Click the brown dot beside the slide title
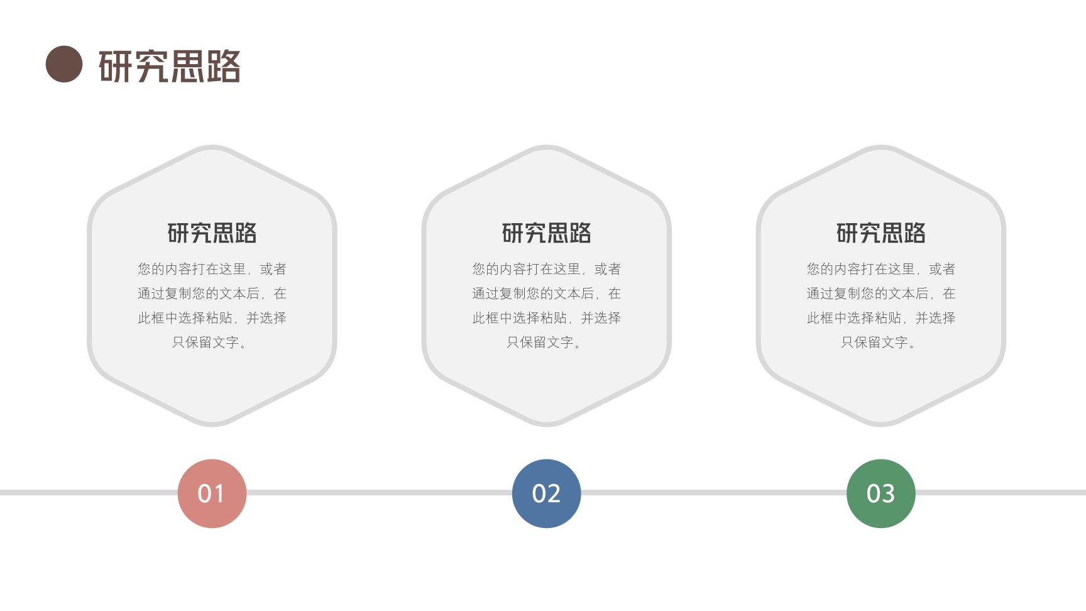64,64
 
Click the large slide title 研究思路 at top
170,66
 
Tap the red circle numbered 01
212,493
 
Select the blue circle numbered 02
546,493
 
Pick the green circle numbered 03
880,493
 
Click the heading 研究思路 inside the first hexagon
212,233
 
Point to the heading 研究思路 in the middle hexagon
546,233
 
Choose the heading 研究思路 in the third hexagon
880,233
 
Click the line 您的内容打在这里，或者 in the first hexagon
212,269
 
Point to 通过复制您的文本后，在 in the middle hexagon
546,294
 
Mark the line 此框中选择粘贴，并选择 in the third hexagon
880,318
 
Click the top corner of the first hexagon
212,146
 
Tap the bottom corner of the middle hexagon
546,426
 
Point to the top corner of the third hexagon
880,146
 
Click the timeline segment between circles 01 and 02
379,493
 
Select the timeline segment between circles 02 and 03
713,493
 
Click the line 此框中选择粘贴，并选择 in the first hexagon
212,318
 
